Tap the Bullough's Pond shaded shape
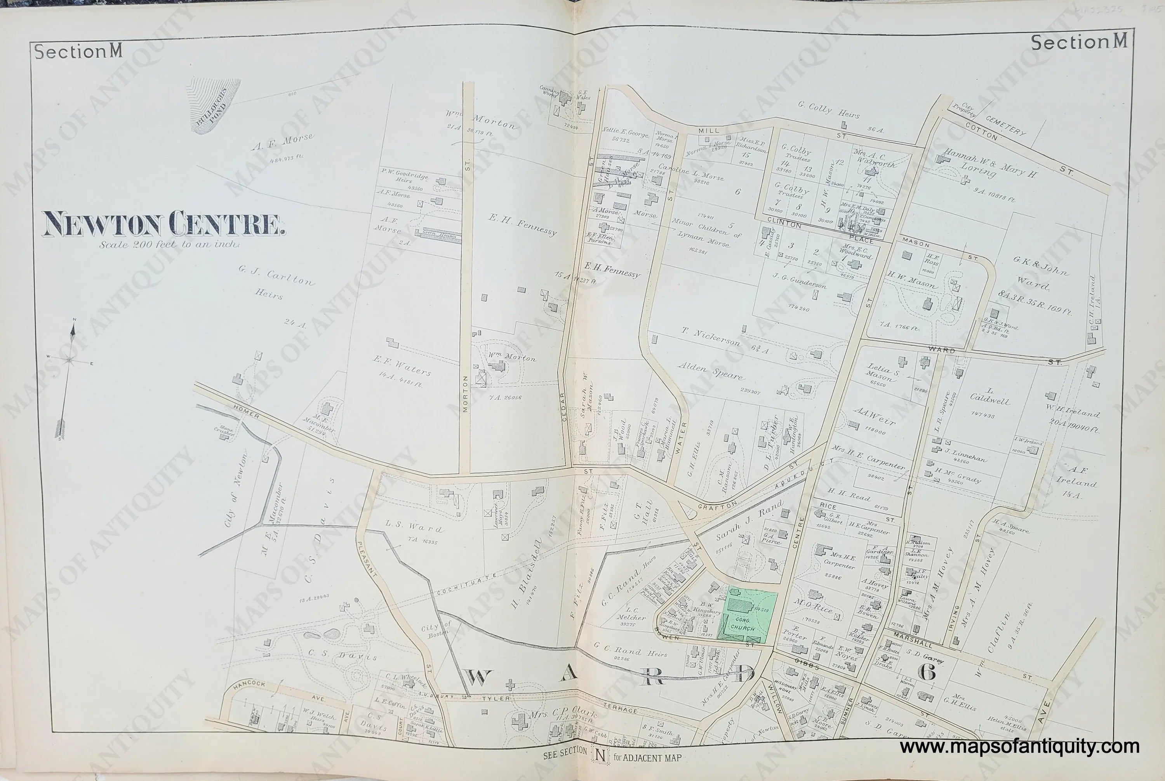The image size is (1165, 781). [215, 104]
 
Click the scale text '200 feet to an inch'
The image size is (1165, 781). [169, 245]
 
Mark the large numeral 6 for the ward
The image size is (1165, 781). [925, 671]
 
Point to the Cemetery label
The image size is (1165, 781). [1007, 125]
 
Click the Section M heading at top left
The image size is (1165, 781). [78, 52]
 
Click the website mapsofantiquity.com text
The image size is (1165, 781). [1019, 747]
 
